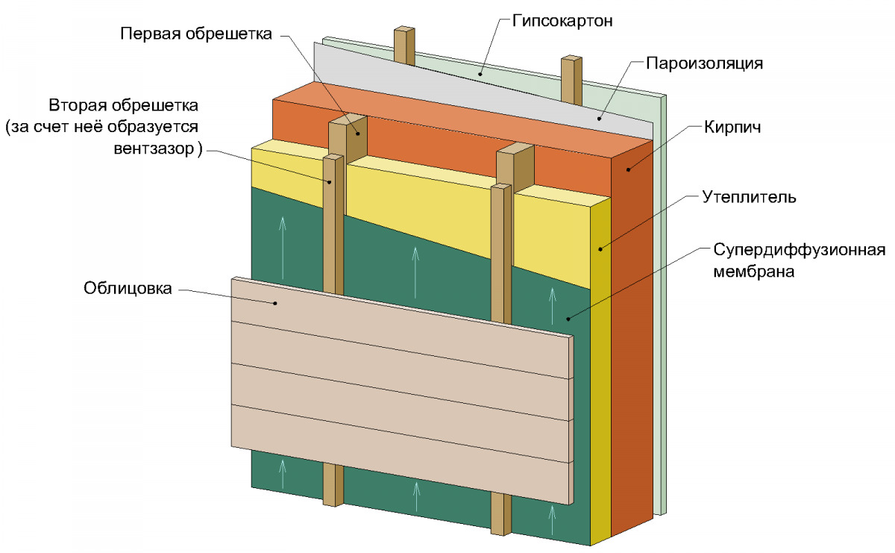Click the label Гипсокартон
[562, 20]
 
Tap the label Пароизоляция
[704, 63]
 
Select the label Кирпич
[731, 127]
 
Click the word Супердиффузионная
[799, 249]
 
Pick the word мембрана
[753, 272]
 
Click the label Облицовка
[128, 288]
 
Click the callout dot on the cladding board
[275, 303]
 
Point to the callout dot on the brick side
[628, 169]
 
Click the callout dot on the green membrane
[568, 319]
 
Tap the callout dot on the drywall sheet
[481, 73]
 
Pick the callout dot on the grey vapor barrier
[599, 118]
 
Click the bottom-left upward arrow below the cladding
[283, 470]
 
